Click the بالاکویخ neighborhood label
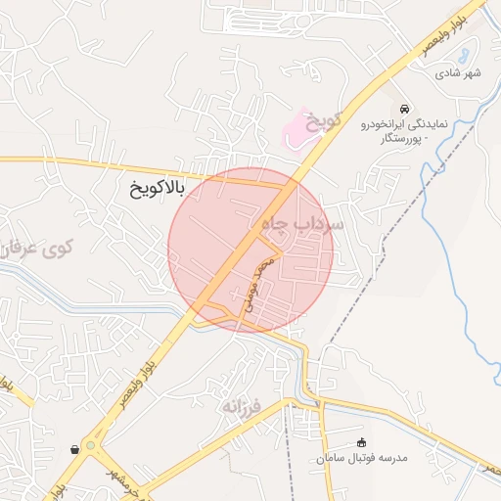(x=157, y=186)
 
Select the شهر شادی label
(x=460, y=72)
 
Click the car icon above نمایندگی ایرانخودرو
(x=405, y=108)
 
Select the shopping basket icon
(x=74, y=449)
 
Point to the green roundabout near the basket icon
(x=91, y=447)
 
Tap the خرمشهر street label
(x=129, y=487)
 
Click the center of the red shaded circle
(x=250, y=250)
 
